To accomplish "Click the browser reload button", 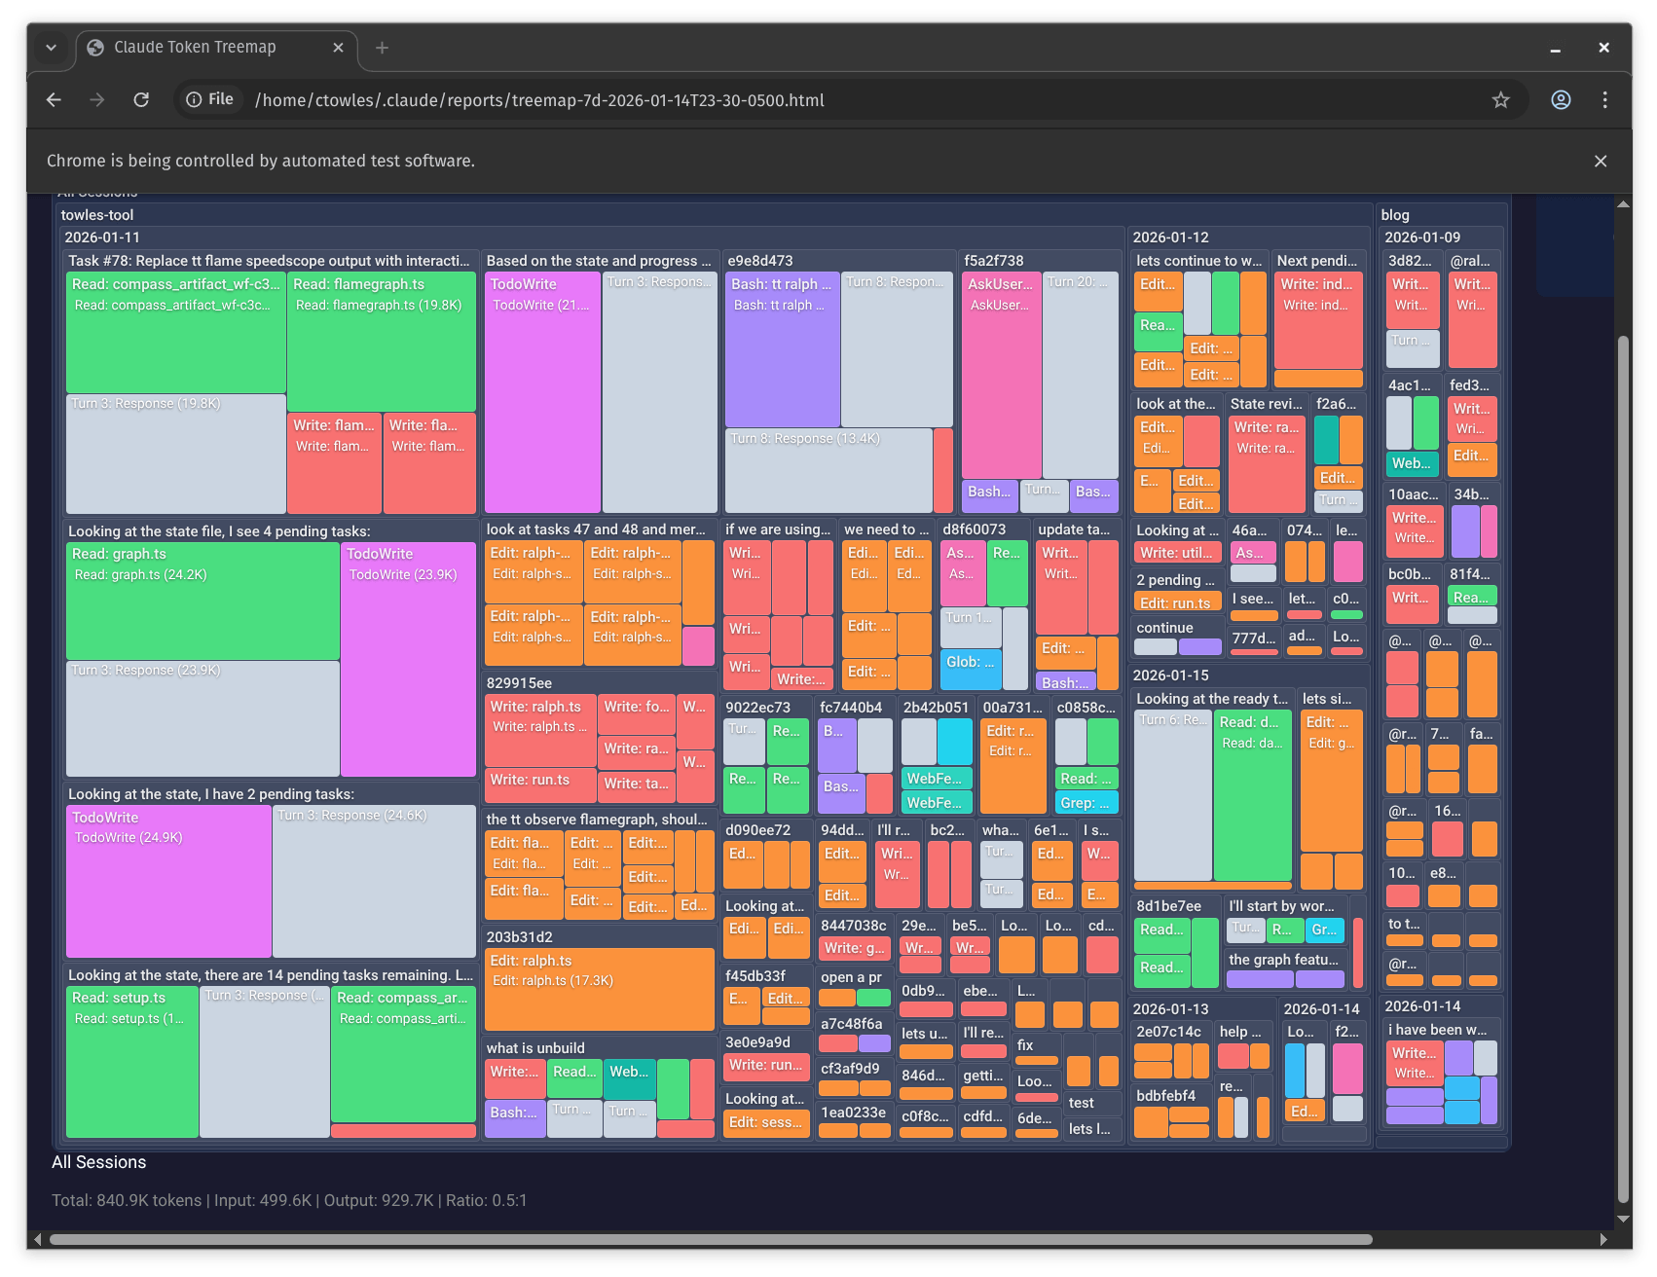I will tap(141, 100).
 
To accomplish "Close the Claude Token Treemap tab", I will tap(338, 48).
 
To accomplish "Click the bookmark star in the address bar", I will tap(1500, 100).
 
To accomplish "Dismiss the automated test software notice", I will tap(1600, 162).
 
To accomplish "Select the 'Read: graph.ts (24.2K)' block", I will tap(203, 602).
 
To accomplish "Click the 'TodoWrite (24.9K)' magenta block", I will tap(168, 881).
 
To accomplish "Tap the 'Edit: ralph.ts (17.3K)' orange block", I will tap(599, 989).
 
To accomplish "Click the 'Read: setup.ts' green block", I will tap(131, 1061).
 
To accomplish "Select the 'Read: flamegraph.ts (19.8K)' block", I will tap(381, 341).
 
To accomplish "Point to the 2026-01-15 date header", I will tap(1170, 675).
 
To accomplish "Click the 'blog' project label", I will tap(1394, 215).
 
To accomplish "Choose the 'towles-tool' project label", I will tap(97, 215).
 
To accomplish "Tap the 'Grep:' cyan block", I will tap(1086, 803).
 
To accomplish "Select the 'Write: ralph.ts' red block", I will tap(539, 729).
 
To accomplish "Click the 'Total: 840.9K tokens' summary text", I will tap(127, 1200).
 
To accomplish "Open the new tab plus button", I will tap(382, 48).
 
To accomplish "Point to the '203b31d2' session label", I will tap(520, 937).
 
